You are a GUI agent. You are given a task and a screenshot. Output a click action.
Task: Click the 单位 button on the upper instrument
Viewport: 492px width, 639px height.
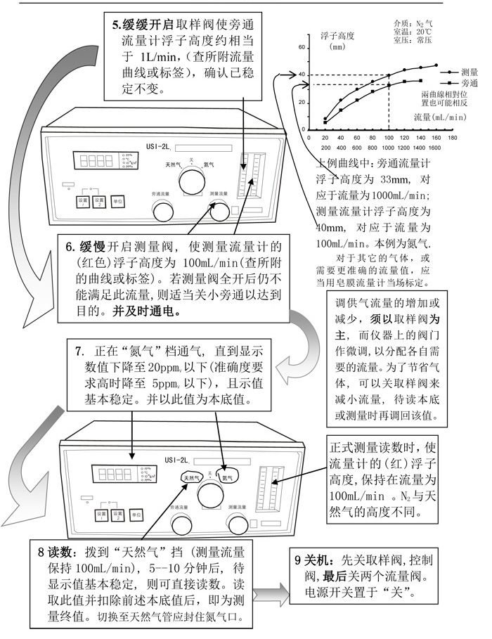117,201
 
